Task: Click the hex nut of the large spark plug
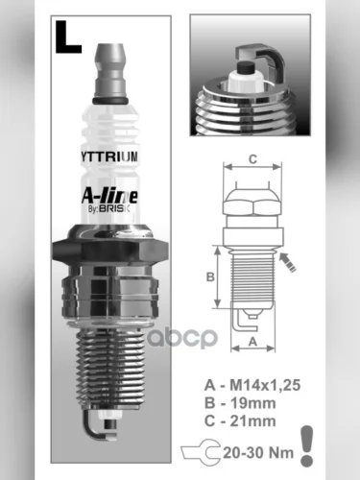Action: (x=112, y=253)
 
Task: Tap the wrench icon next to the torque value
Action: (x=222, y=447)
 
